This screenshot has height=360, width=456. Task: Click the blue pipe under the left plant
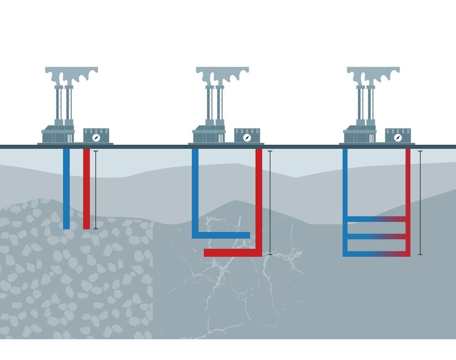[x=66, y=189]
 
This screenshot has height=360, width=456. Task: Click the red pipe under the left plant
[x=86, y=189]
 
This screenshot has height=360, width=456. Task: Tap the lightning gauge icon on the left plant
[x=96, y=137]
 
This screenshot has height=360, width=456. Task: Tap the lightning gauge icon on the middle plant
[x=247, y=137]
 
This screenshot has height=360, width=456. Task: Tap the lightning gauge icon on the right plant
[x=398, y=137]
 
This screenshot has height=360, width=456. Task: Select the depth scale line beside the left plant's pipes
[x=95, y=190]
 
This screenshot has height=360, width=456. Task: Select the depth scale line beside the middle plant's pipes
[x=270, y=203]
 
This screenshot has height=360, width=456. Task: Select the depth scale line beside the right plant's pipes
[x=420, y=203]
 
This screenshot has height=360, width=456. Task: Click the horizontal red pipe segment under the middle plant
[x=232, y=253]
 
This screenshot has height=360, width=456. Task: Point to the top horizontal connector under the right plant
[x=376, y=219]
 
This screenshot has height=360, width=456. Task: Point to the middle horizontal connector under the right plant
[x=376, y=236]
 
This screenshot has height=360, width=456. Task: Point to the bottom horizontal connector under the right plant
[x=376, y=254]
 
